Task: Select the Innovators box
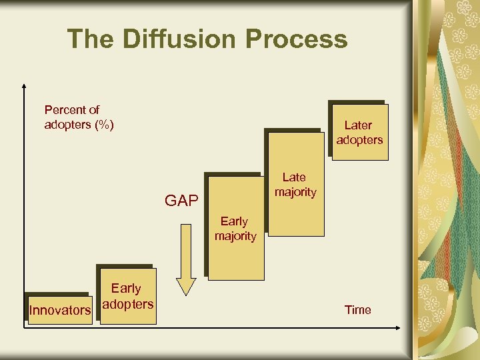(x=59, y=310)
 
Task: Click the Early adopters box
(x=127, y=297)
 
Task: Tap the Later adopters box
(x=359, y=132)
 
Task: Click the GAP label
(x=181, y=201)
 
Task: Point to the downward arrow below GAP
(x=186, y=260)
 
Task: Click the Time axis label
(x=358, y=310)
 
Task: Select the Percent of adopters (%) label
(x=79, y=117)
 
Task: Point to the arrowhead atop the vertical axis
(x=24, y=87)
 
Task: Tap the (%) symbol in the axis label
(x=104, y=125)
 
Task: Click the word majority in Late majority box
(x=295, y=192)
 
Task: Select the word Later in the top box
(x=358, y=125)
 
